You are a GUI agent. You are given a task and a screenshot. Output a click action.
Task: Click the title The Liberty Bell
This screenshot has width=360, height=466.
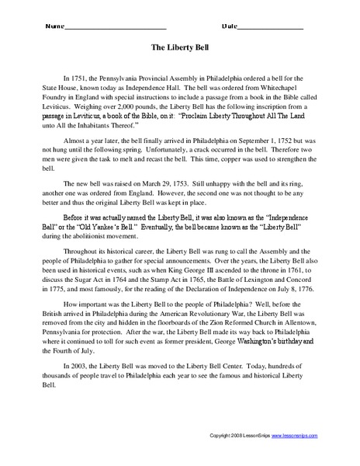coord(180,47)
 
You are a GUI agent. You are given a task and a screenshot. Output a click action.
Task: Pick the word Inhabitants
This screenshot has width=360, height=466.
coord(109,123)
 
